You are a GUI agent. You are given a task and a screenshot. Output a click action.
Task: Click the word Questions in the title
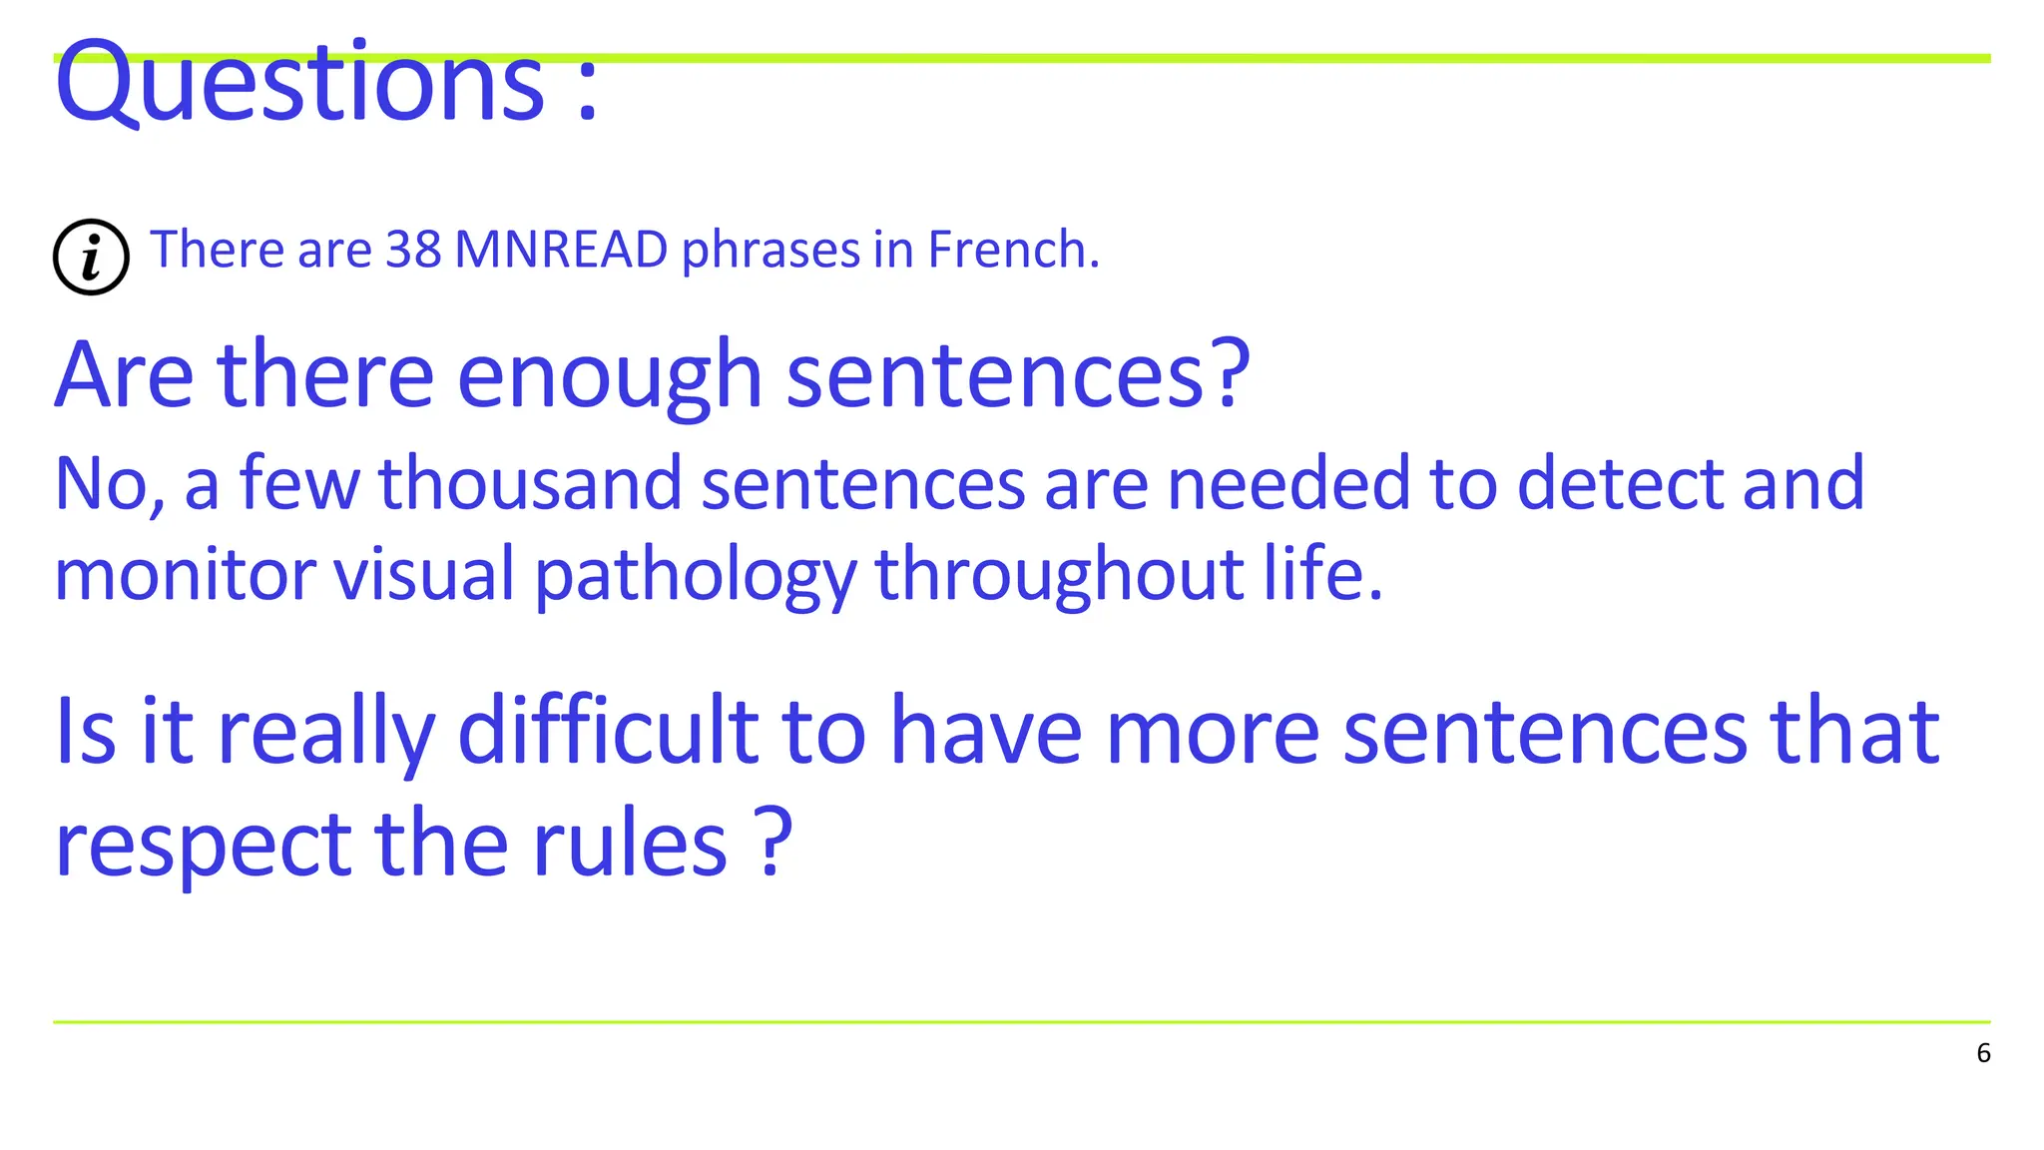pos(299,82)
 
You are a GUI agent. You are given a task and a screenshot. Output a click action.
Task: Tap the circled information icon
pos(91,257)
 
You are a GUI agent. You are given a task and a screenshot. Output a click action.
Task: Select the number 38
pos(413,250)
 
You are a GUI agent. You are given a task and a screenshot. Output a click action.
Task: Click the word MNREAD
pos(561,250)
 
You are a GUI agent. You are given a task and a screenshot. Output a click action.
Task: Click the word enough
pos(609,377)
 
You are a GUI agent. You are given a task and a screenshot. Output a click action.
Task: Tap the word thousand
pos(530,484)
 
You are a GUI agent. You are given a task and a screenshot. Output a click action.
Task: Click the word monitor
pos(185,575)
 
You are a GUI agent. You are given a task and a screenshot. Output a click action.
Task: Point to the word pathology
pos(696,577)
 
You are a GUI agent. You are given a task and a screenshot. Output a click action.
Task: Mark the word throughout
pos(1059,577)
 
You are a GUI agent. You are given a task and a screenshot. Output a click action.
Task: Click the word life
pos(1321,575)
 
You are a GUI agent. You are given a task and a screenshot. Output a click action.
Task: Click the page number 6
pos(1983,1053)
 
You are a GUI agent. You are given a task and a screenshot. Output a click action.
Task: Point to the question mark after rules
pos(772,843)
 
